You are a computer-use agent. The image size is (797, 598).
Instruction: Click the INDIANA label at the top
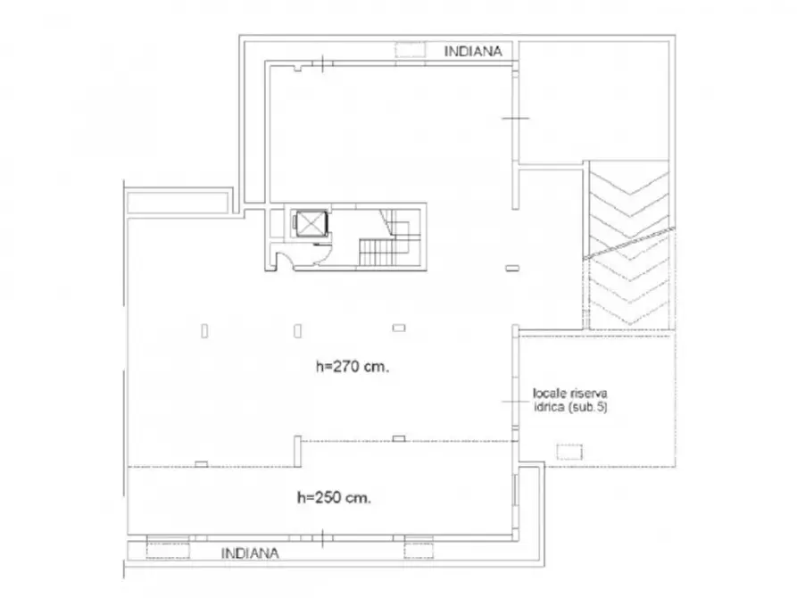(x=473, y=52)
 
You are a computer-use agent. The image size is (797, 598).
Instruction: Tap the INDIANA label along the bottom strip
(x=250, y=553)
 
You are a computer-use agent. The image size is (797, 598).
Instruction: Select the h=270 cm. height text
(x=353, y=366)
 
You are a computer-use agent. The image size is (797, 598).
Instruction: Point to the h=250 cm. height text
(x=334, y=497)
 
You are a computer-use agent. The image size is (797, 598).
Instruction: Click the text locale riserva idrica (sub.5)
(x=569, y=400)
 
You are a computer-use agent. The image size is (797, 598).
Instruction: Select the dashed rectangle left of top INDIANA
(x=411, y=50)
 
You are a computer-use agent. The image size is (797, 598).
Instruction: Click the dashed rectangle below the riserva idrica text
(x=569, y=452)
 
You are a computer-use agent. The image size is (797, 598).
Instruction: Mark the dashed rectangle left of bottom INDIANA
(x=168, y=551)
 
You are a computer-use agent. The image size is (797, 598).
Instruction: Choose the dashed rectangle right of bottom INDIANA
(x=419, y=551)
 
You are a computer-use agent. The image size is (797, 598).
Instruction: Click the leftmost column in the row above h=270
(x=204, y=331)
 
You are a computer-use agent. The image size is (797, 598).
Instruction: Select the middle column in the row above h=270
(x=297, y=331)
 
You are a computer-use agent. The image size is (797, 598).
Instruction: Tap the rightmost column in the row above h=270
(x=399, y=328)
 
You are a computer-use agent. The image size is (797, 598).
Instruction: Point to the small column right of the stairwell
(x=512, y=268)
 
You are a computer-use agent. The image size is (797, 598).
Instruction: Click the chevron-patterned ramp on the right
(x=629, y=245)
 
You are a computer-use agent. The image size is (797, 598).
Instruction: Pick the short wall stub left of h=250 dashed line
(x=297, y=451)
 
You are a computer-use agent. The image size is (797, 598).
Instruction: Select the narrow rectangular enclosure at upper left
(x=178, y=201)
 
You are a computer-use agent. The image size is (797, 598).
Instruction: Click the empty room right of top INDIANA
(x=594, y=102)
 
